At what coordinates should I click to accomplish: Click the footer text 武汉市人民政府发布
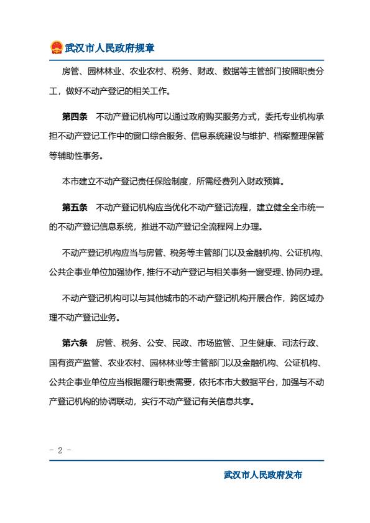pyautogui.click(x=263, y=475)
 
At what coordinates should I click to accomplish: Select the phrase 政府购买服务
pyautogui.click(x=205, y=116)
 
